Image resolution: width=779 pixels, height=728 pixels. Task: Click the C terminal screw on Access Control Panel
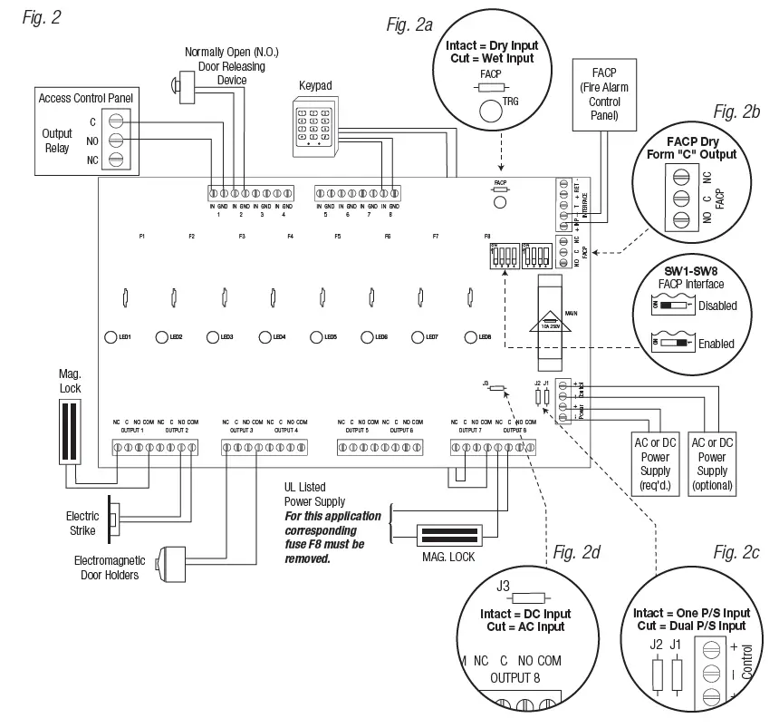click(x=115, y=121)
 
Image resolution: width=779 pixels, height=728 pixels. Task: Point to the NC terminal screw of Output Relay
click(x=115, y=160)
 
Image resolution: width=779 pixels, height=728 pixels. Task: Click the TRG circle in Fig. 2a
click(x=491, y=112)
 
